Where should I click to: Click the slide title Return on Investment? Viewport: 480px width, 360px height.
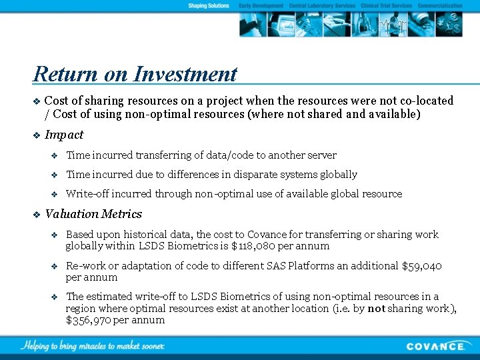[x=135, y=73]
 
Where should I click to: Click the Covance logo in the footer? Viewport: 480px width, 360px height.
[x=436, y=346]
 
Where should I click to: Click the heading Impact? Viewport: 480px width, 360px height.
[x=64, y=135]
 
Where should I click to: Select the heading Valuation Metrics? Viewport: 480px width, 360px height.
[x=93, y=214]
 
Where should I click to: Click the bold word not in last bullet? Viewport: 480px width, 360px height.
[x=375, y=308]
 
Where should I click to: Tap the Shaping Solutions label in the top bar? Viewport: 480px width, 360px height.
[x=209, y=5]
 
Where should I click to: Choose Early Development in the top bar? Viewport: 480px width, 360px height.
[x=261, y=5]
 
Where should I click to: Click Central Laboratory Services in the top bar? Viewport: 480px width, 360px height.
[x=322, y=5]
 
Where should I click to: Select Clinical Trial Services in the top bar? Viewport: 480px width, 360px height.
[x=386, y=5]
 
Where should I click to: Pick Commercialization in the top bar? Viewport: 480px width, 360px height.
[x=439, y=5]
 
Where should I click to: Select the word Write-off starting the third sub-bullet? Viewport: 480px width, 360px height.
[x=87, y=194]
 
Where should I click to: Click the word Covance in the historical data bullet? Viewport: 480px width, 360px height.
[x=267, y=235]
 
